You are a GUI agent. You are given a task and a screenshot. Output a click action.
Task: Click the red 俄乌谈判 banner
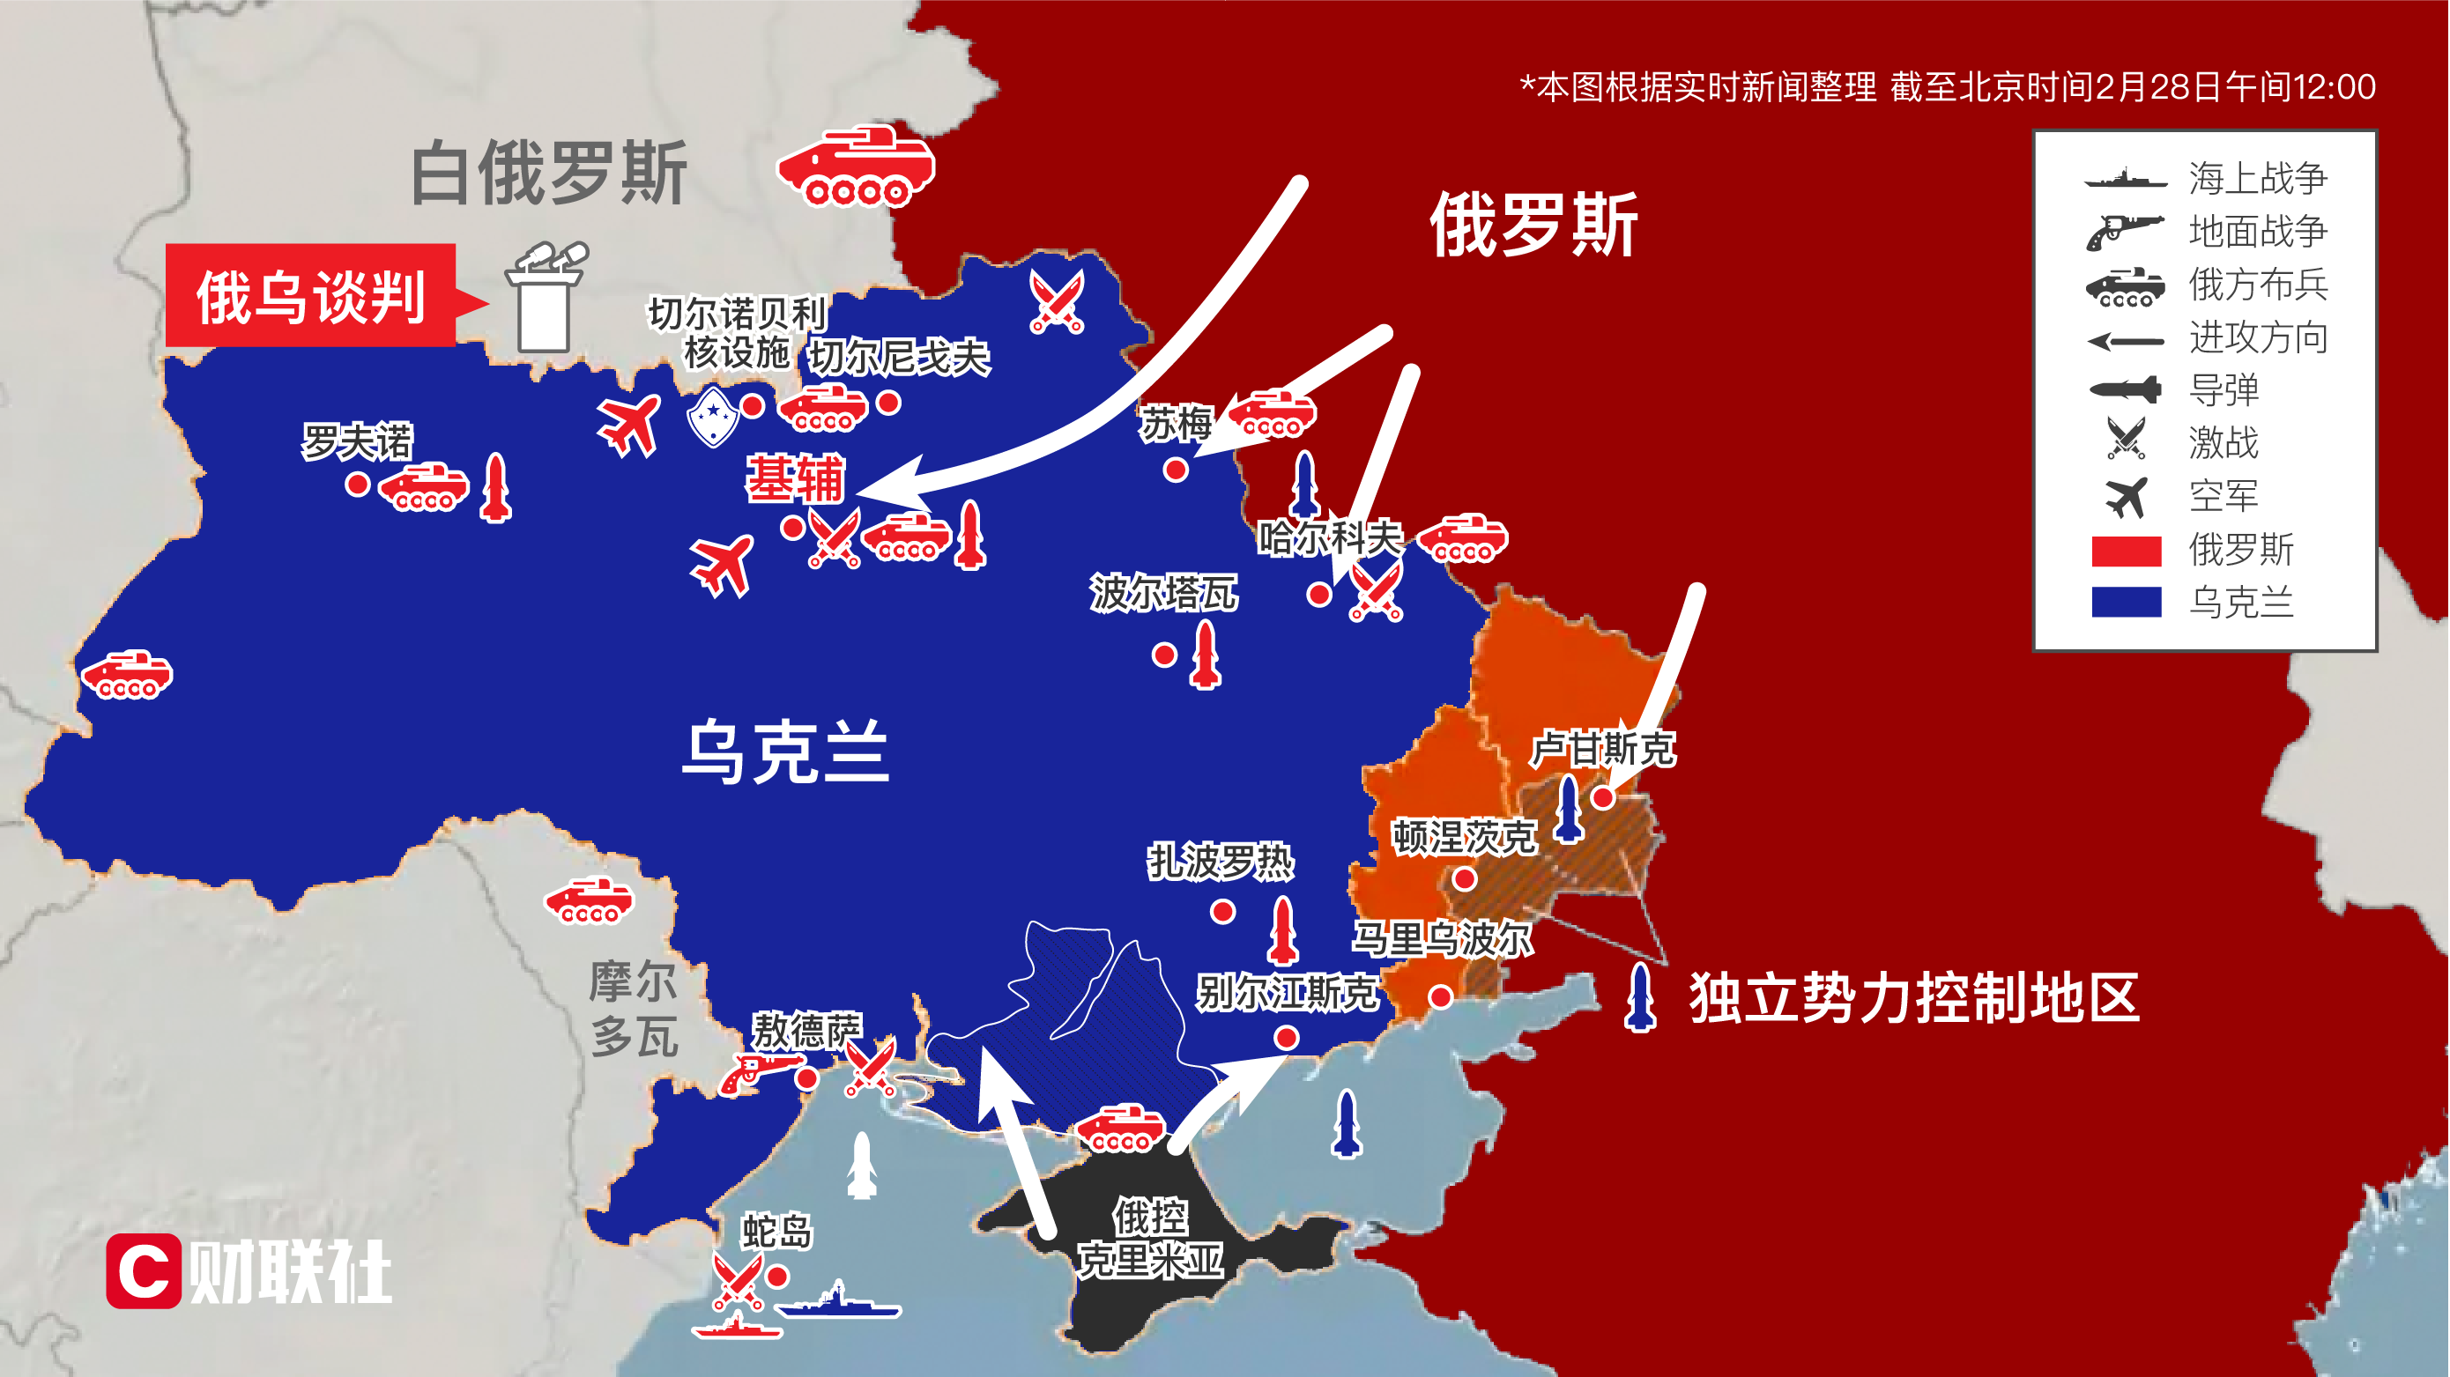click(x=310, y=296)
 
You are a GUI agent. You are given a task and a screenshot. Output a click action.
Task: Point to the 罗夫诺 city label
click(x=357, y=441)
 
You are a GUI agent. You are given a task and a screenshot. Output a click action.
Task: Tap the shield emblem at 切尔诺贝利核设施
click(x=712, y=416)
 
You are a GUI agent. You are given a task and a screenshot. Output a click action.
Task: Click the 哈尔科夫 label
click(x=1329, y=538)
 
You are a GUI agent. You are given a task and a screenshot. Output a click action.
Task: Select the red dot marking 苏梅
click(x=1177, y=470)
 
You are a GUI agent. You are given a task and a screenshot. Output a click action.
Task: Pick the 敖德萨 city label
click(x=806, y=1030)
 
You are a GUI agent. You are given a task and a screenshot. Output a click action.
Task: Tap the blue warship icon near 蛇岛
click(x=838, y=1302)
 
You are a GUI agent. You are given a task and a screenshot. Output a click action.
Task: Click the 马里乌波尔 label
click(x=1442, y=939)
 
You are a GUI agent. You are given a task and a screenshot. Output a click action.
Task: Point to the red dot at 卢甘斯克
click(x=1602, y=798)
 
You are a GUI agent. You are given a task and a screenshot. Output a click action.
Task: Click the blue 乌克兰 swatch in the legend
click(x=2127, y=602)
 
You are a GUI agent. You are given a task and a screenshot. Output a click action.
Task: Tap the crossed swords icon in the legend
click(x=2126, y=440)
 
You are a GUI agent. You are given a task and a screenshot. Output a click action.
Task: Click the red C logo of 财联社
click(x=144, y=1270)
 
